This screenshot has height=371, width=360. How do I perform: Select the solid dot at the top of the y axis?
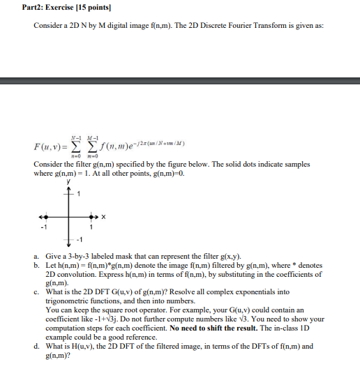pyautogui.click(x=68, y=195)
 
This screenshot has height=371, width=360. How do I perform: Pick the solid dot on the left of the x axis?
pyautogui.click(x=47, y=215)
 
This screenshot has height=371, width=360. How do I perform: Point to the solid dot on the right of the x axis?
pyautogui.click(x=89, y=215)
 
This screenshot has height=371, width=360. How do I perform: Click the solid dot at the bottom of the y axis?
pyautogui.click(x=68, y=236)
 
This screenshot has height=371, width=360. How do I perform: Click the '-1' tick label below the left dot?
pyautogui.click(x=45, y=226)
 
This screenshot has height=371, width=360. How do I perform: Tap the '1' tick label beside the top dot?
pyautogui.click(x=79, y=194)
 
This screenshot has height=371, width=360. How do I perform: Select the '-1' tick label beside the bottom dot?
pyautogui.click(x=79, y=238)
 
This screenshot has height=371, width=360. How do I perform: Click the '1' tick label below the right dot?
pyautogui.click(x=90, y=226)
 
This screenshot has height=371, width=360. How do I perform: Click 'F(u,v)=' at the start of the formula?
pyautogui.click(x=49, y=147)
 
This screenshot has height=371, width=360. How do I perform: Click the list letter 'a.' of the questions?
pyautogui.click(x=36, y=256)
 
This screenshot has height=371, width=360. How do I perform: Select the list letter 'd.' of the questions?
pyautogui.click(x=36, y=345)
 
